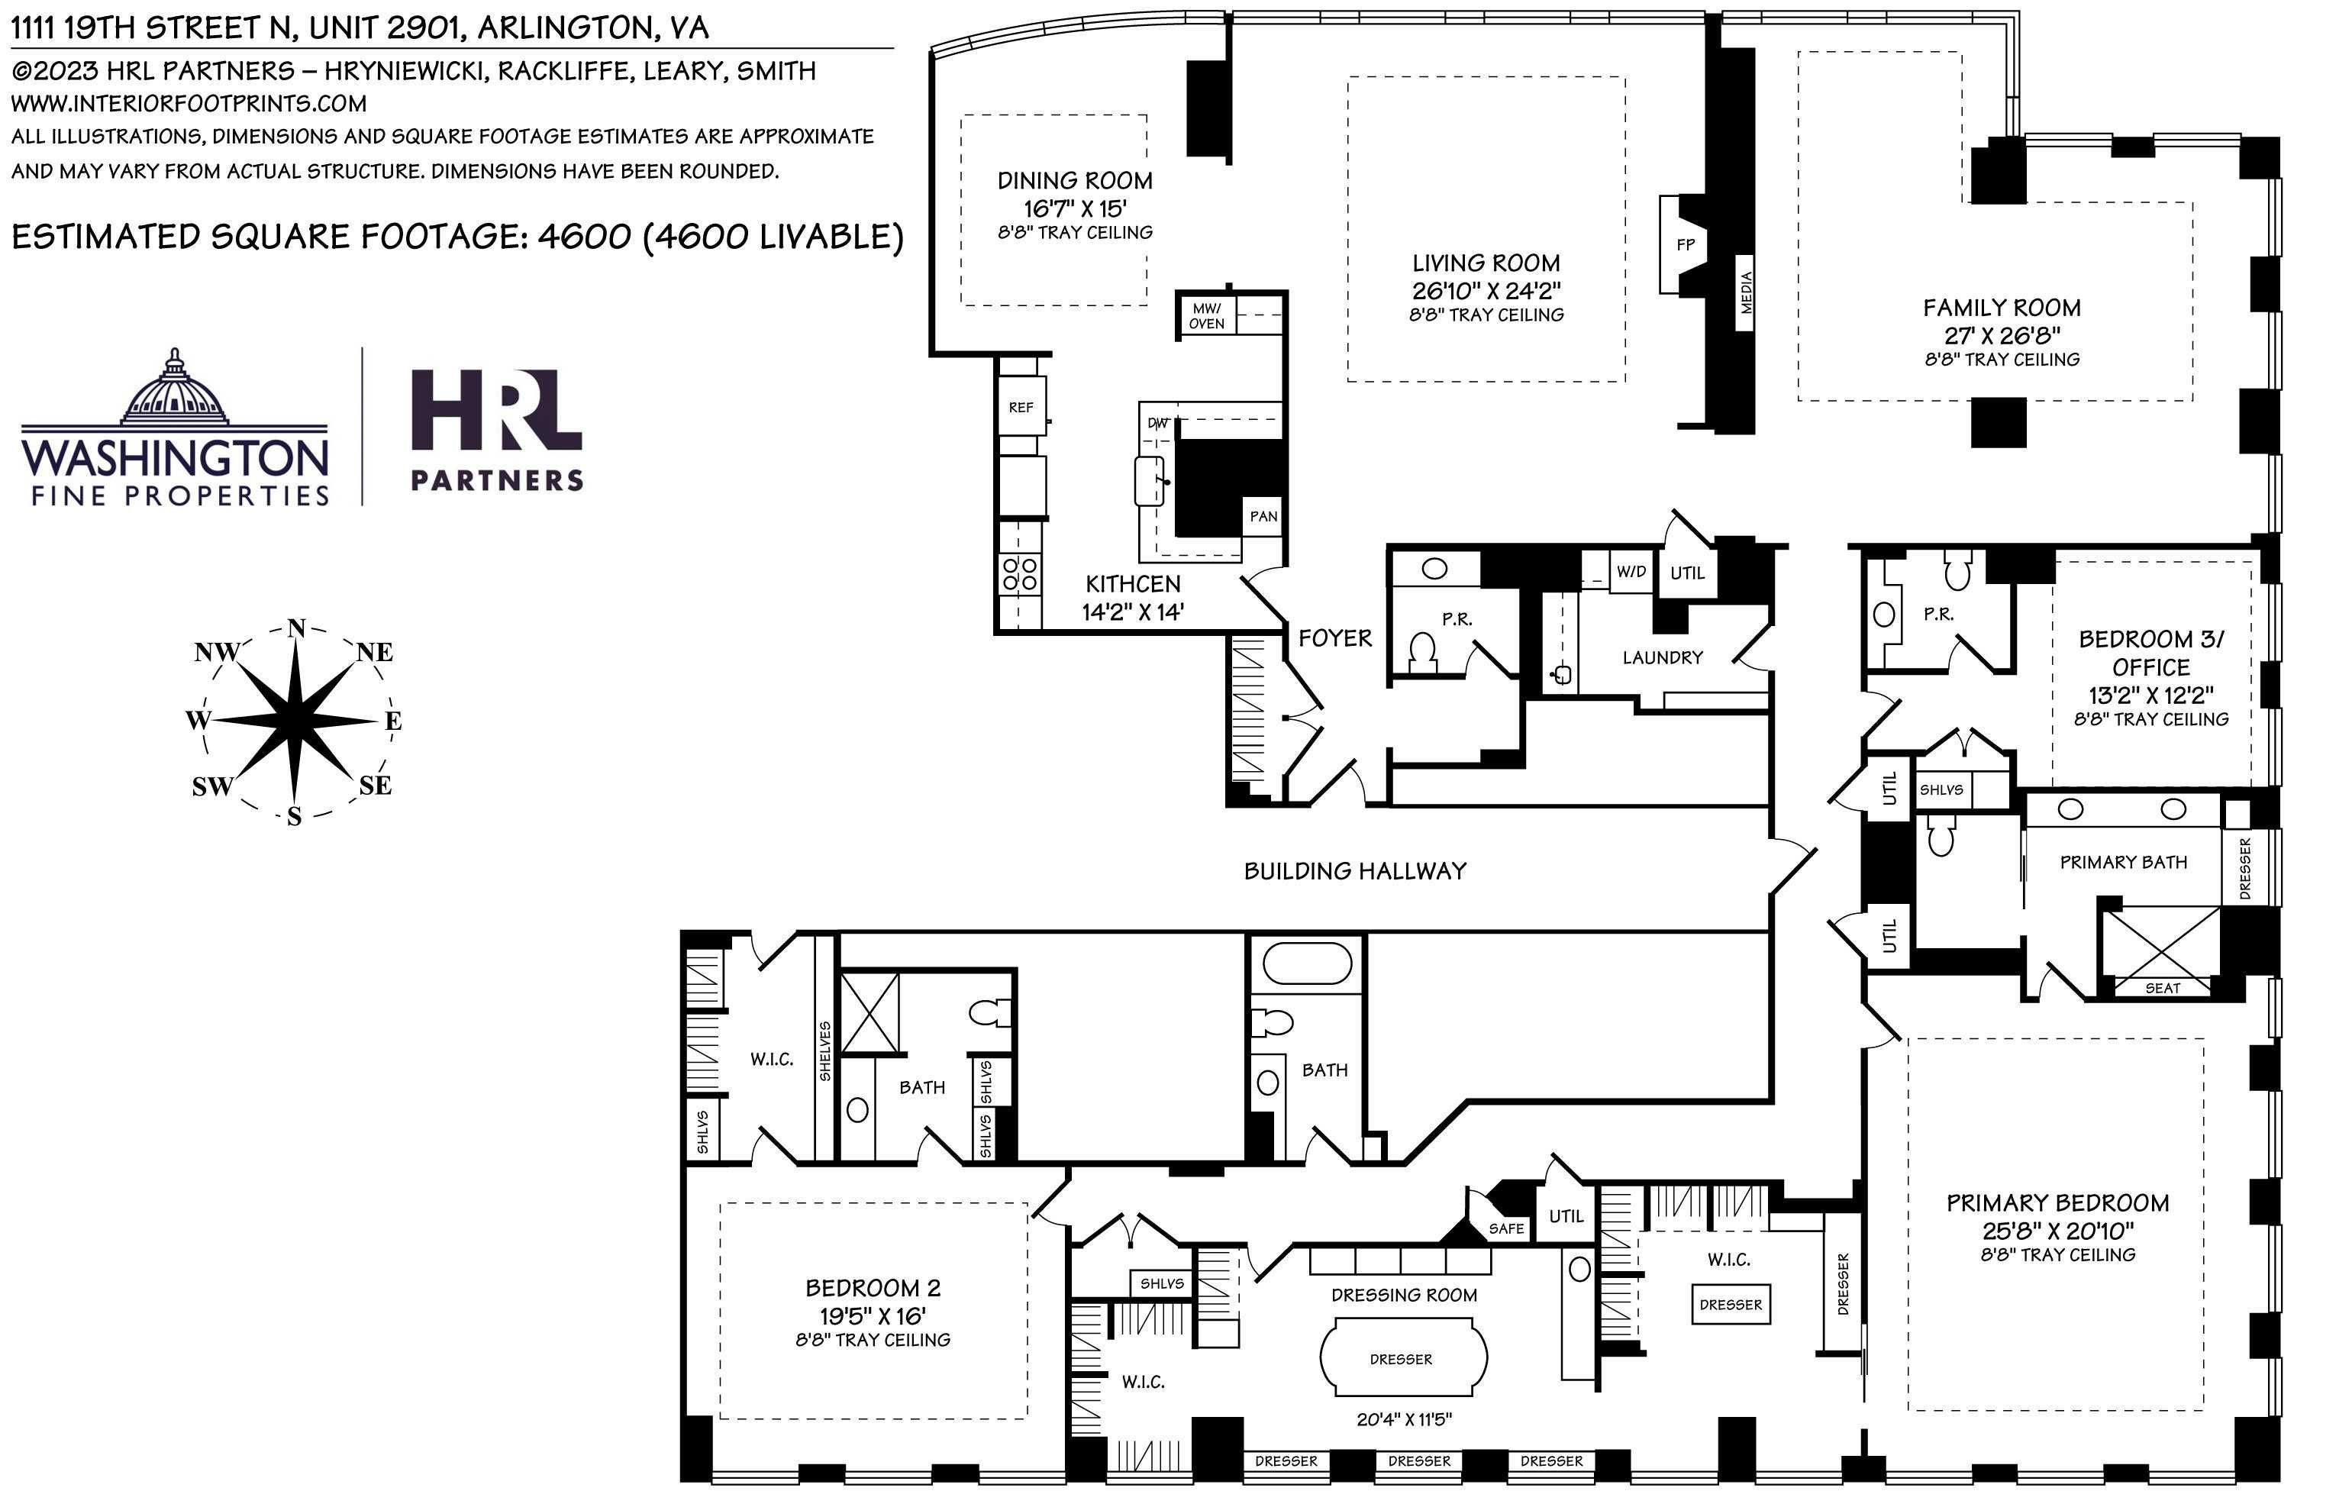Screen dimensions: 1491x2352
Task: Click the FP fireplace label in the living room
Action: pos(1685,244)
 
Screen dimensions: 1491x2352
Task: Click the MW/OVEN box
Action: pos(1206,315)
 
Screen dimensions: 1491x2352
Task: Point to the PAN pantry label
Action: pos(1263,516)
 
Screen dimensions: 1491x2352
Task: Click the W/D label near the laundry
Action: pos(1630,572)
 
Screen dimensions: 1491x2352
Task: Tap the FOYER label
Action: pos(1334,638)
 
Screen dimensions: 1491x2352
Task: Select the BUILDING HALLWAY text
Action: pos(1355,870)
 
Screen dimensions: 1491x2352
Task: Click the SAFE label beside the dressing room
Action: pos(1506,1228)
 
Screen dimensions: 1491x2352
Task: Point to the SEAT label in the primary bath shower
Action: pos(2163,988)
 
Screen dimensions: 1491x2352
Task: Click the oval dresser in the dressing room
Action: pos(1402,1358)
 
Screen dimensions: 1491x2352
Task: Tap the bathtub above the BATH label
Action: pos(1307,963)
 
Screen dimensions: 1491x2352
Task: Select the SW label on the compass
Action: pos(212,786)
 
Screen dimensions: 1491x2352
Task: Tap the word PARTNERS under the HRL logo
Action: pos(496,479)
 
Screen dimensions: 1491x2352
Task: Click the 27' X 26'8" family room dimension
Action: pos(2002,335)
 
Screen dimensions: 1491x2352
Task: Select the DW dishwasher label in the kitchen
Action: pos(1157,423)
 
